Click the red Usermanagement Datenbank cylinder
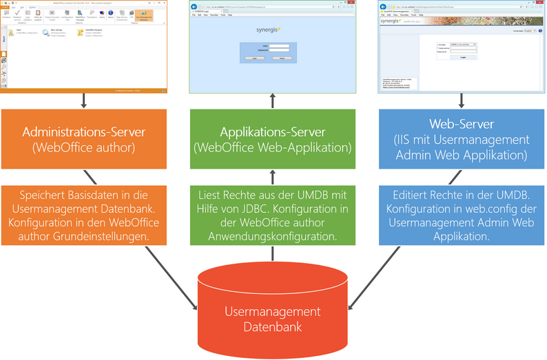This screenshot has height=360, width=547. click(272, 313)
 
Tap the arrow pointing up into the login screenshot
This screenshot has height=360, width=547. click(272, 100)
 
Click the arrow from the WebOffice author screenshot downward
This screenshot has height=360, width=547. click(83, 100)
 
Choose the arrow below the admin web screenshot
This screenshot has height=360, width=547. click(460, 100)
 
